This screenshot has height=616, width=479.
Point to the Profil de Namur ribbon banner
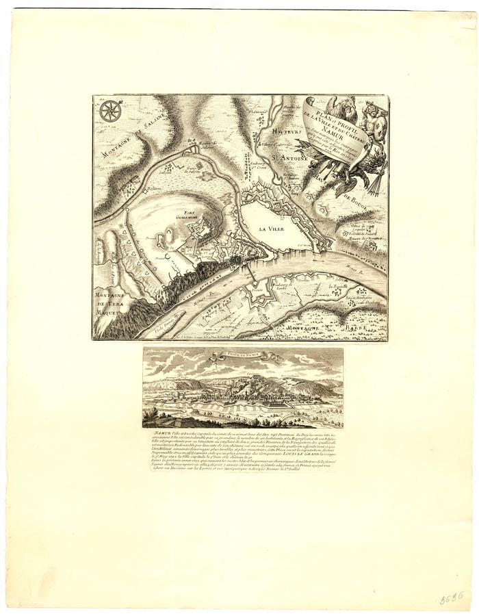(242, 355)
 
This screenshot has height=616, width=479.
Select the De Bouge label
(355, 198)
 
